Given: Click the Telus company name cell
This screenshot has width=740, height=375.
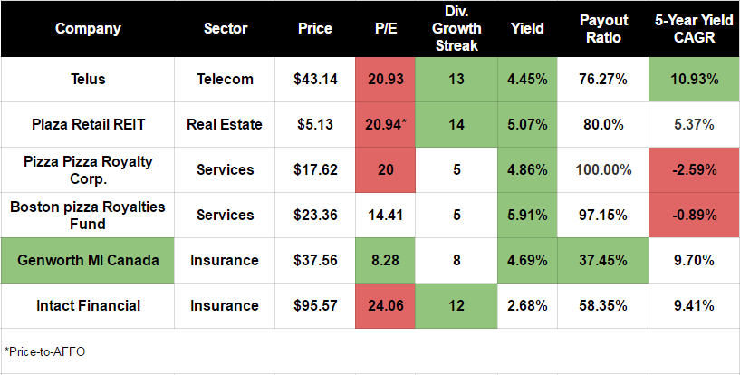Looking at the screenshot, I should (x=88, y=79).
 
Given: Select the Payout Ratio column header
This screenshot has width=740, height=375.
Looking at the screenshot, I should (x=604, y=28).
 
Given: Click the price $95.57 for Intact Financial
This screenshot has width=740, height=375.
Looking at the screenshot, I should (x=315, y=305).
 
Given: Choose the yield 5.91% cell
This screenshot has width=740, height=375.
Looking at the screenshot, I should (x=527, y=215).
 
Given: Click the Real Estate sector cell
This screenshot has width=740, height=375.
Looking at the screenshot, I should (x=225, y=124).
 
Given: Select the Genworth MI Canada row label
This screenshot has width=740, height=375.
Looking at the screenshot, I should (x=88, y=260).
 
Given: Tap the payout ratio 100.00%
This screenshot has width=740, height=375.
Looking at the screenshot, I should (x=604, y=169).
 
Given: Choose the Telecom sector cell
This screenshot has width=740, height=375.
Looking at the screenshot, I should (x=225, y=79).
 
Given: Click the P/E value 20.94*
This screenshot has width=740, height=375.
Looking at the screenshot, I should (x=389, y=124).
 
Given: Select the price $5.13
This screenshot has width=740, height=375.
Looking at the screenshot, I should (x=315, y=124).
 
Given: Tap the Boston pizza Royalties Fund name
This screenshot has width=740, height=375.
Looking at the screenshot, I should (x=88, y=215).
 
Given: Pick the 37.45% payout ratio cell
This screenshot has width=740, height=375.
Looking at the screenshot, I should (x=604, y=260).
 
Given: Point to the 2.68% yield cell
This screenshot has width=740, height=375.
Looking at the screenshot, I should (x=527, y=305).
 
